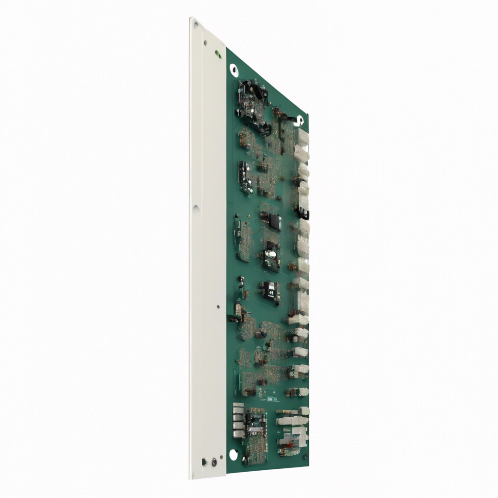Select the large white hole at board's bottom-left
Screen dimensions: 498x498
point(233,454)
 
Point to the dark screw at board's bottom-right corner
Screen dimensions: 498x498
point(305,457)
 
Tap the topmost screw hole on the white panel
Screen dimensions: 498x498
point(205,43)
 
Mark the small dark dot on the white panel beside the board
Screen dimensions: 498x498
point(218,307)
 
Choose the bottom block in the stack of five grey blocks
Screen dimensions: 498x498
point(238,434)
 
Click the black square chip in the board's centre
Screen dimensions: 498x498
point(275,221)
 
